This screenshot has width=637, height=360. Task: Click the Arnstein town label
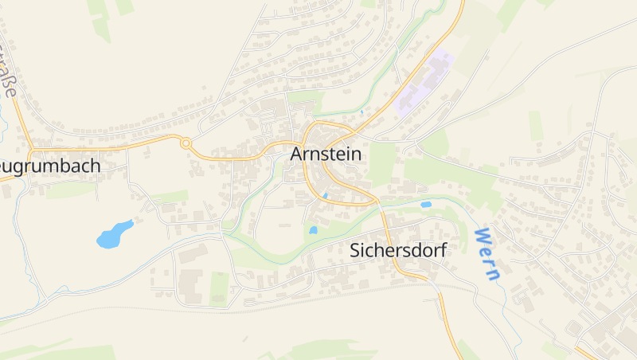pyautogui.click(x=326, y=154)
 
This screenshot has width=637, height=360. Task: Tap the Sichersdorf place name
pyautogui.click(x=398, y=250)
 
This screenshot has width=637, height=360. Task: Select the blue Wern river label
pyautogui.click(x=487, y=254)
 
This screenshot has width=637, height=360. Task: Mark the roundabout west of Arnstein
pyautogui.click(x=186, y=143)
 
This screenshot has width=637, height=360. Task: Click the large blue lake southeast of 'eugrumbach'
pyautogui.click(x=114, y=233)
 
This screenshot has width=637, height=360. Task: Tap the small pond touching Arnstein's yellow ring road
pyautogui.click(x=325, y=195)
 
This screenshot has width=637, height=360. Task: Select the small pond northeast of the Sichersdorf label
pyautogui.click(x=426, y=205)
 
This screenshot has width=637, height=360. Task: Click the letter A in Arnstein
pyautogui.click(x=298, y=154)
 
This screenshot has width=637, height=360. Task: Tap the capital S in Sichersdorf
pyautogui.click(x=356, y=250)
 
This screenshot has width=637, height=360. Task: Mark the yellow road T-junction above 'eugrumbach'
pyautogui.click(x=33, y=149)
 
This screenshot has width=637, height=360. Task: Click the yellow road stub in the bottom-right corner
pyautogui.click(x=585, y=352)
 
